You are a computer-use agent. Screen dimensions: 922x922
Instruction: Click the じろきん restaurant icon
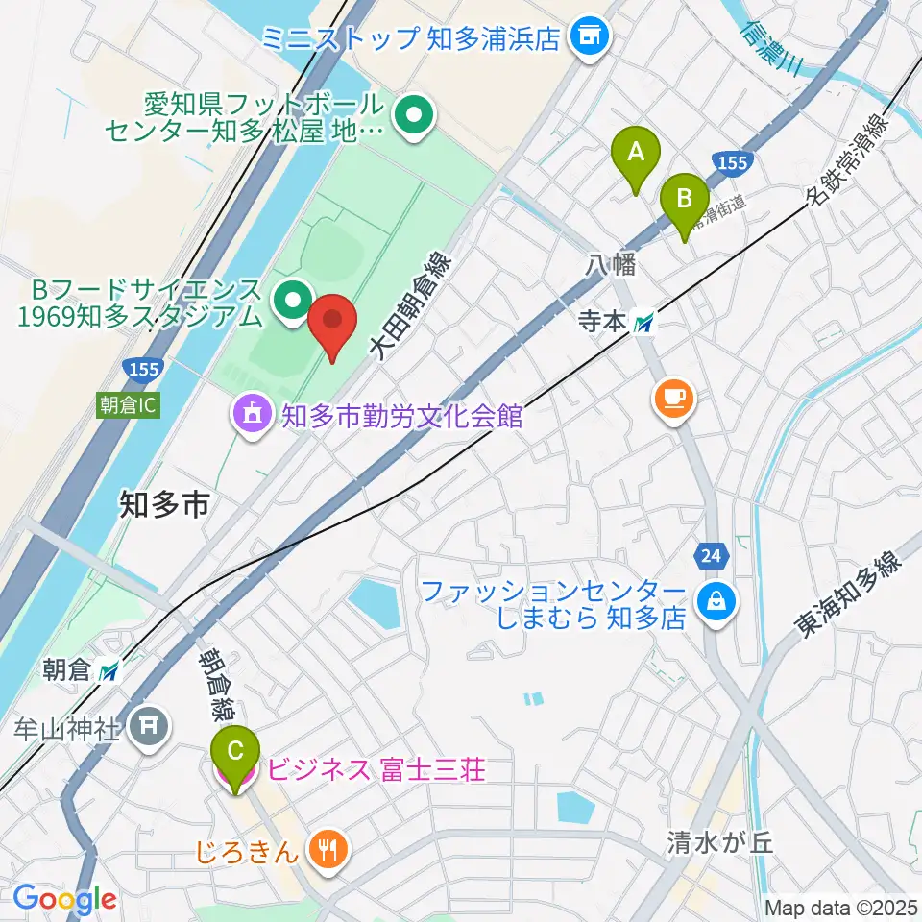pos(328,848)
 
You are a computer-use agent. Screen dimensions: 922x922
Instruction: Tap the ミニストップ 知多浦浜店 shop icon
pos(590,38)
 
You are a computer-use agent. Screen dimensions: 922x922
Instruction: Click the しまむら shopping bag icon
pos(717,603)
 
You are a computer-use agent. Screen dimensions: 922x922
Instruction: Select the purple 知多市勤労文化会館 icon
pos(252,417)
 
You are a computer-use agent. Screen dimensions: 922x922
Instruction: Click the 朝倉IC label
pos(126,405)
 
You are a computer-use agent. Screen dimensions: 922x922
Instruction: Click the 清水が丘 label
pos(720,843)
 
